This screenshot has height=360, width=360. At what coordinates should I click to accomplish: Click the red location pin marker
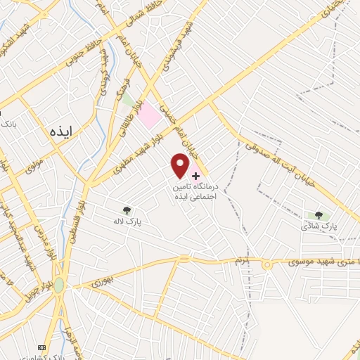180,165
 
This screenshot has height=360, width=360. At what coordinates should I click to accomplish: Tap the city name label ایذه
62,131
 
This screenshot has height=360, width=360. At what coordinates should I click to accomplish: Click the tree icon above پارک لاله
127,210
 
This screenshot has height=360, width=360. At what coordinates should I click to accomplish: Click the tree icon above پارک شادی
319,215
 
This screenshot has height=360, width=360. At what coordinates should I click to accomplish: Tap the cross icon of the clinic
195,174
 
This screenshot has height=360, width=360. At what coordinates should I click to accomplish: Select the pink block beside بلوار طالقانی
148,116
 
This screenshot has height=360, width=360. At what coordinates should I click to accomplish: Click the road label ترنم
243,261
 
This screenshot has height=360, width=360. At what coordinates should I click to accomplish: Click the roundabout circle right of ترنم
267,264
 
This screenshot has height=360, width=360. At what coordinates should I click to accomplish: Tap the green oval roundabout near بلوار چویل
58,285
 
